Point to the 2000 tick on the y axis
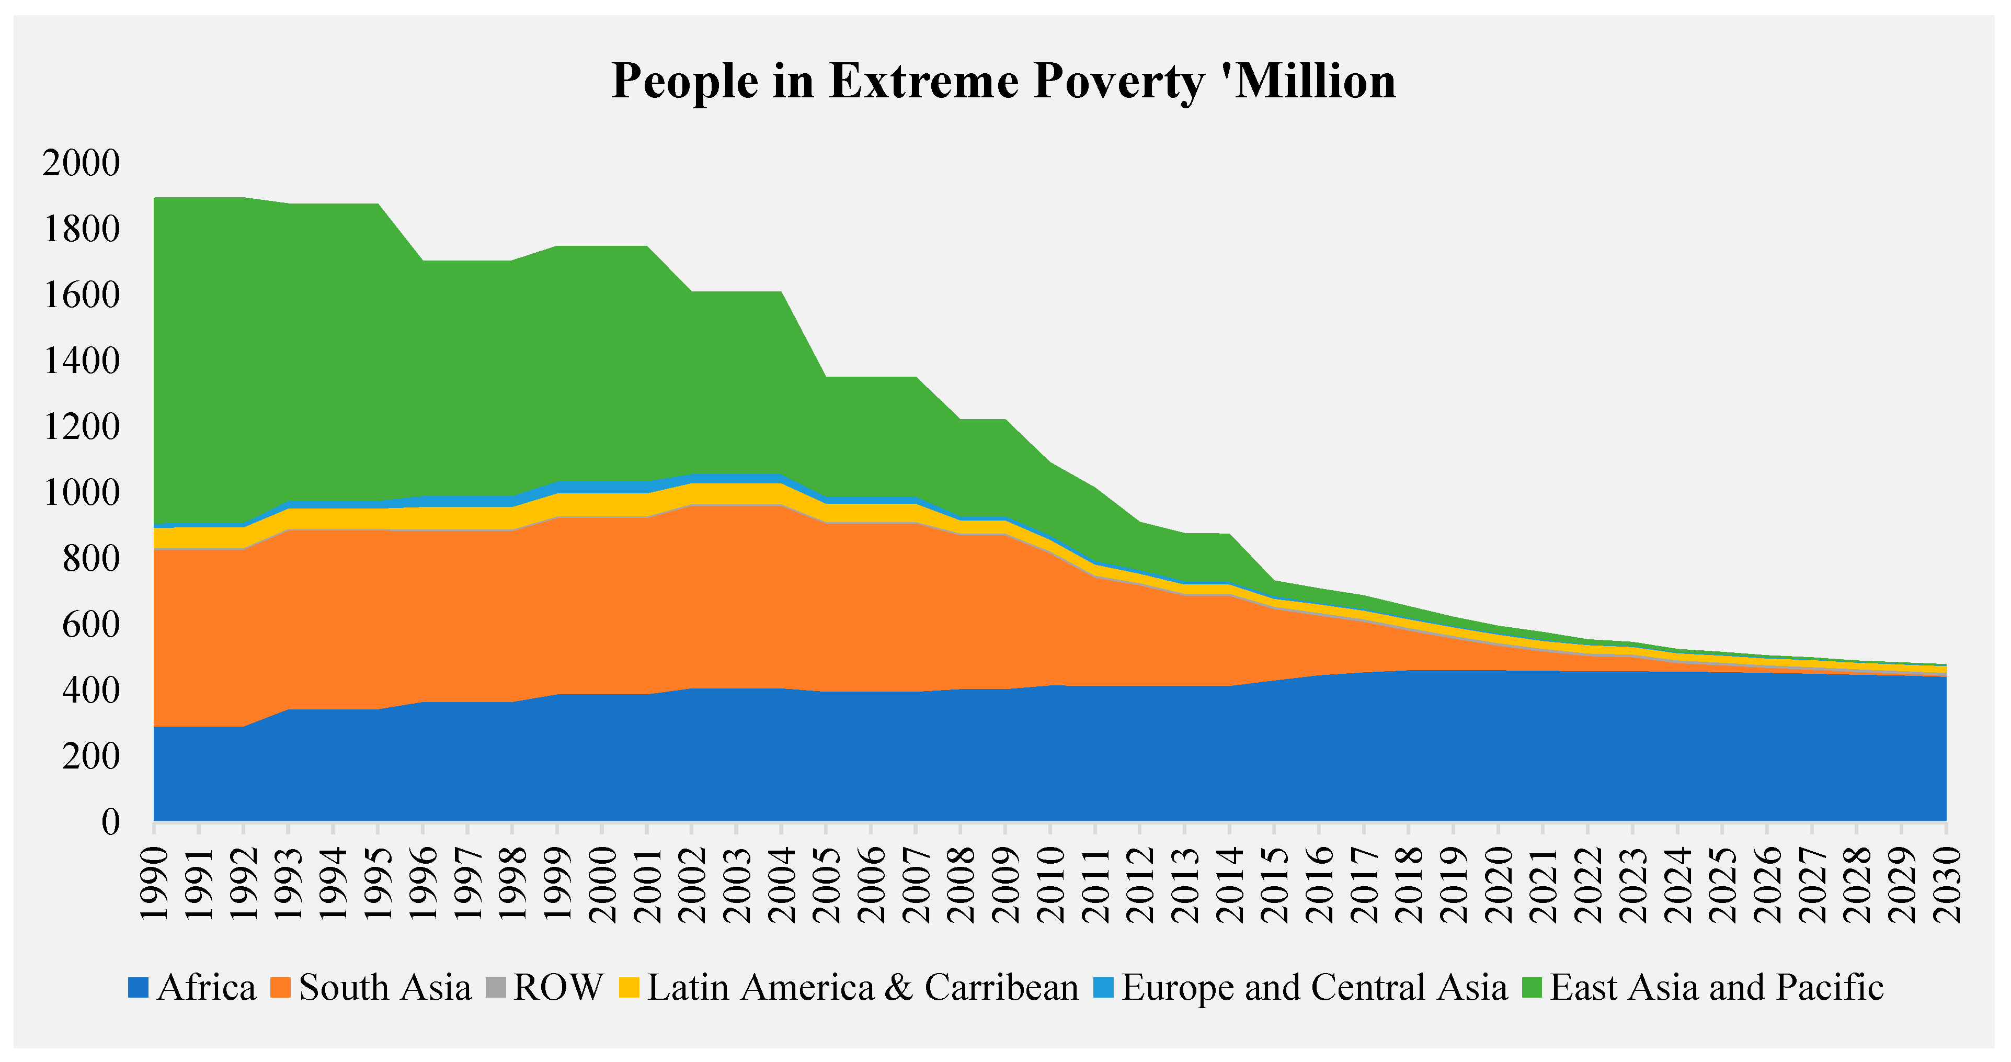point(81,163)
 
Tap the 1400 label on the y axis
point(81,361)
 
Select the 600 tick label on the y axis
point(90,624)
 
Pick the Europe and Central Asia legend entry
point(1314,988)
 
